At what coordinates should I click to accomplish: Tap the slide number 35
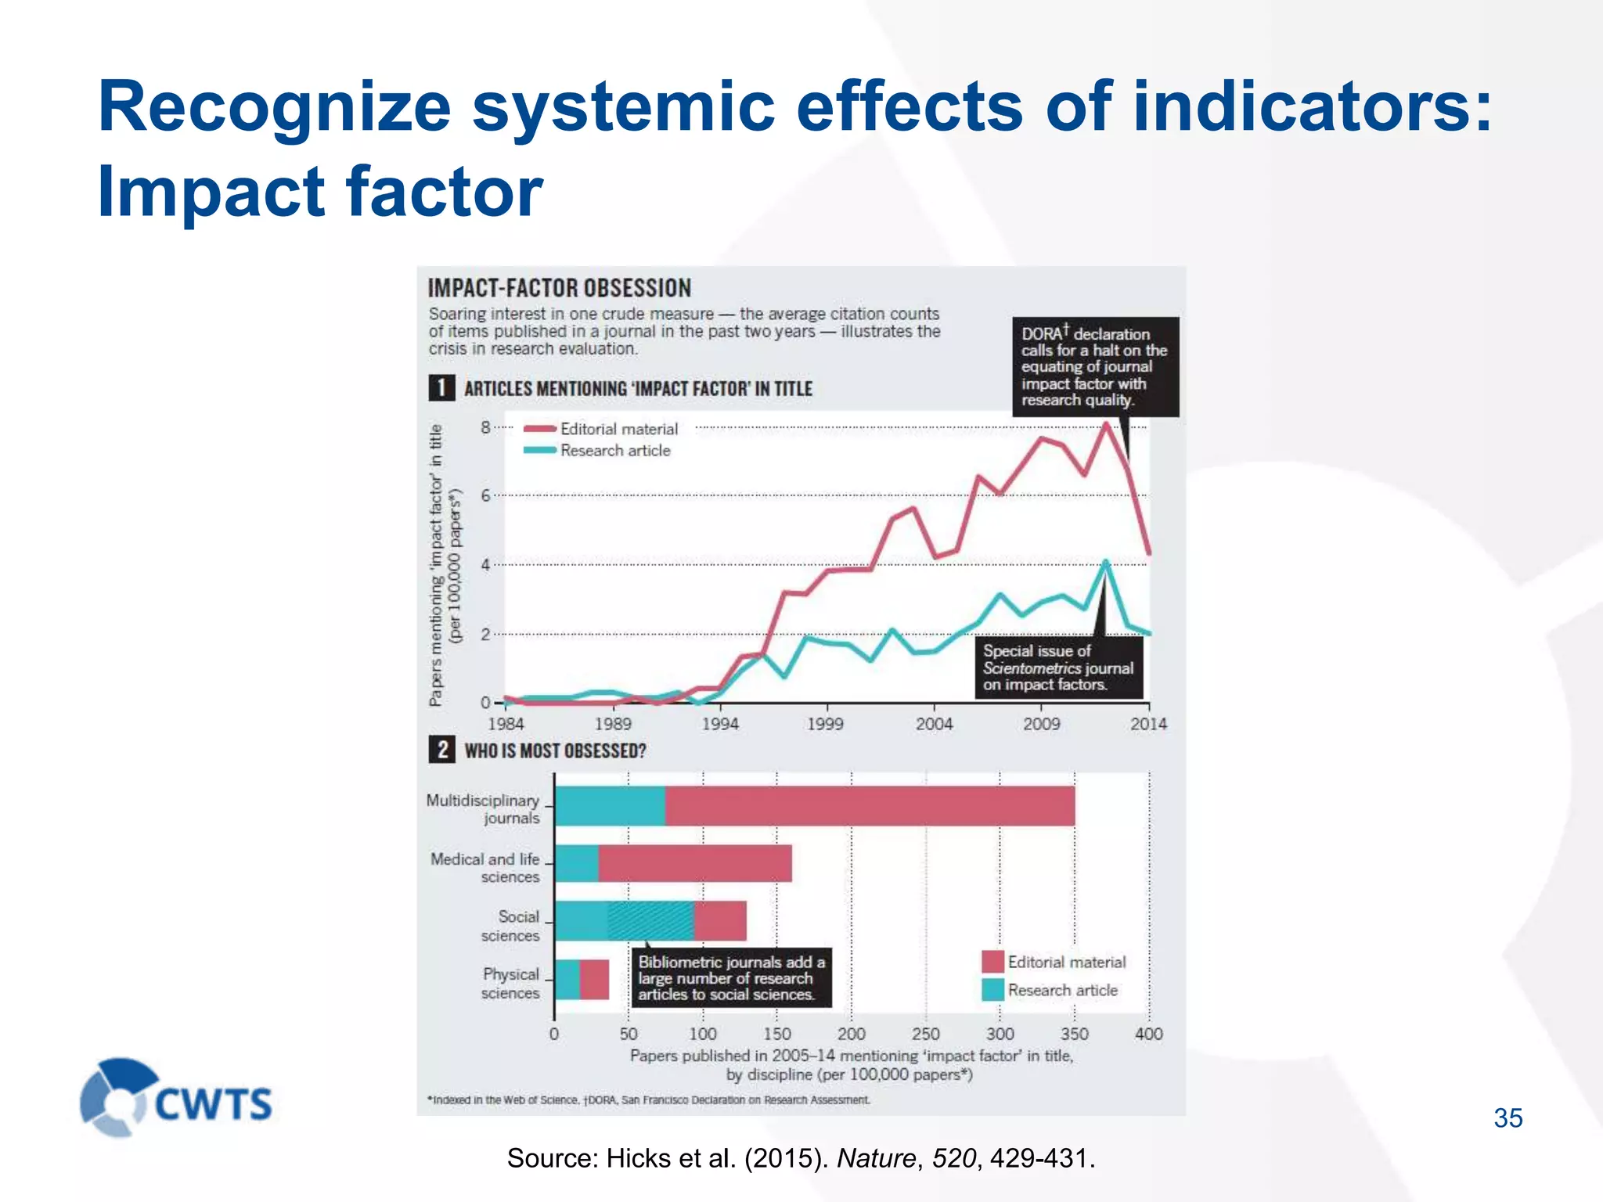coord(1508,1118)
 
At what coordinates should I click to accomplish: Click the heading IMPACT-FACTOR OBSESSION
coord(559,288)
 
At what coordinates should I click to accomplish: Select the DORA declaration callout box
coord(1094,366)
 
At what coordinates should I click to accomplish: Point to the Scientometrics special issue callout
coord(1057,668)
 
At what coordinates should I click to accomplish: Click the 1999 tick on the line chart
coord(825,724)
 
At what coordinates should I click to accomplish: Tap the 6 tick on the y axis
coord(486,495)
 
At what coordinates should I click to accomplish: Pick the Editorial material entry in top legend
coord(618,429)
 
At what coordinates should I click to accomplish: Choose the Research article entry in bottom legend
coord(1061,990)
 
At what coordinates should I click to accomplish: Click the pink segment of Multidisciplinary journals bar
coord(869,806)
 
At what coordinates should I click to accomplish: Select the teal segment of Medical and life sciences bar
coord(576,863)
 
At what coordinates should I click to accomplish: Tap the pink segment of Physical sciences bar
coord(595,979)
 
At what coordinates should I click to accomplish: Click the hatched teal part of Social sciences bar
coord(651,921)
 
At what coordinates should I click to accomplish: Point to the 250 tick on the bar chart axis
coord(925,1034)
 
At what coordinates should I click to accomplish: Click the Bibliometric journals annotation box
coord(731,978)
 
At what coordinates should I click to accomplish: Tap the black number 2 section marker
coord(442,750)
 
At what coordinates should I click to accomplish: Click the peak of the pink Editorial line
coord(1106,425)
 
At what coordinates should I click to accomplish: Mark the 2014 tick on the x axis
coord(1148,724)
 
